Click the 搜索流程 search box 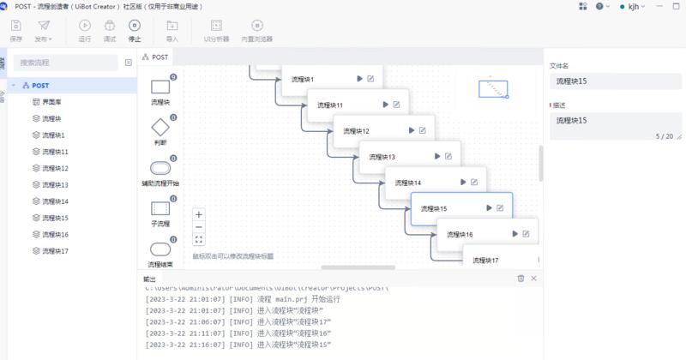click(x=66, y=63)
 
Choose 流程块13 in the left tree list click(x=55, y=185)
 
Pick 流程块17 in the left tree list click(x=55, y=251)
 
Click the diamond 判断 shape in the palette click(x=160, y=129)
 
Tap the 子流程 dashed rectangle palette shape click(x=160, y=208)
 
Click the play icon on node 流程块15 click(x=490, y=208)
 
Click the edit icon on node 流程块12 click(x=423, y=131)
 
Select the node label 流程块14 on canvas click(x=407, y=183)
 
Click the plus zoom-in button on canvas click(x=199, y=214)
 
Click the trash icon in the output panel click(x=521, y=279)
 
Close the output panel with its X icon click(x=534, y=279)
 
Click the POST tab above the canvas click(x=156, y=57)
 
